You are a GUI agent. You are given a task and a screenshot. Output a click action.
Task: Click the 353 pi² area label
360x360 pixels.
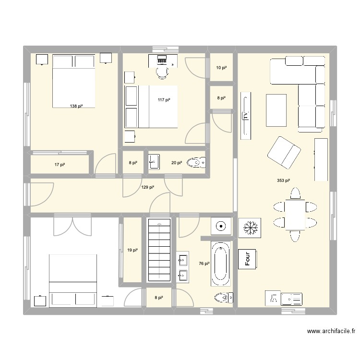tap(284, 181)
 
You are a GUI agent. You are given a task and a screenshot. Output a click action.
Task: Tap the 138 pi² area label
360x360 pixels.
tap(76, 106)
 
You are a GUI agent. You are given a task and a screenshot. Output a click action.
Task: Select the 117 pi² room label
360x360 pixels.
tap(164, 100)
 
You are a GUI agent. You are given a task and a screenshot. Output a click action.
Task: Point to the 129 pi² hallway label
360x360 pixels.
tap(148, 187)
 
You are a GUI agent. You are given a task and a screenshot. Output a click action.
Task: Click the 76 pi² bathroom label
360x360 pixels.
tap(204, 264)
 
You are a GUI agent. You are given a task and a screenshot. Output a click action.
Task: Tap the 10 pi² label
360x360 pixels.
tap(221, 68)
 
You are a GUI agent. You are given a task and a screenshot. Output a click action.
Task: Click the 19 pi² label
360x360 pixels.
tap(132, 250)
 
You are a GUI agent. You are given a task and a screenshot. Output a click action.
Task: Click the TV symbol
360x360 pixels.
tap(246, 116)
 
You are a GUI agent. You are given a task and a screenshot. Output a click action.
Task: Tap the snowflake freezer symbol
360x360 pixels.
tap(250, 227)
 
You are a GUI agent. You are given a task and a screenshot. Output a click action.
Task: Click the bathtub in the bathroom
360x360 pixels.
tap(221, 264)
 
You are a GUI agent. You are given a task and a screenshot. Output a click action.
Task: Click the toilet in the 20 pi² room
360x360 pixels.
tap(196, 163)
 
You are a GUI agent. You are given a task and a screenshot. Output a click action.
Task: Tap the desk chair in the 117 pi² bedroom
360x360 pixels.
tap(163, 72)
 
